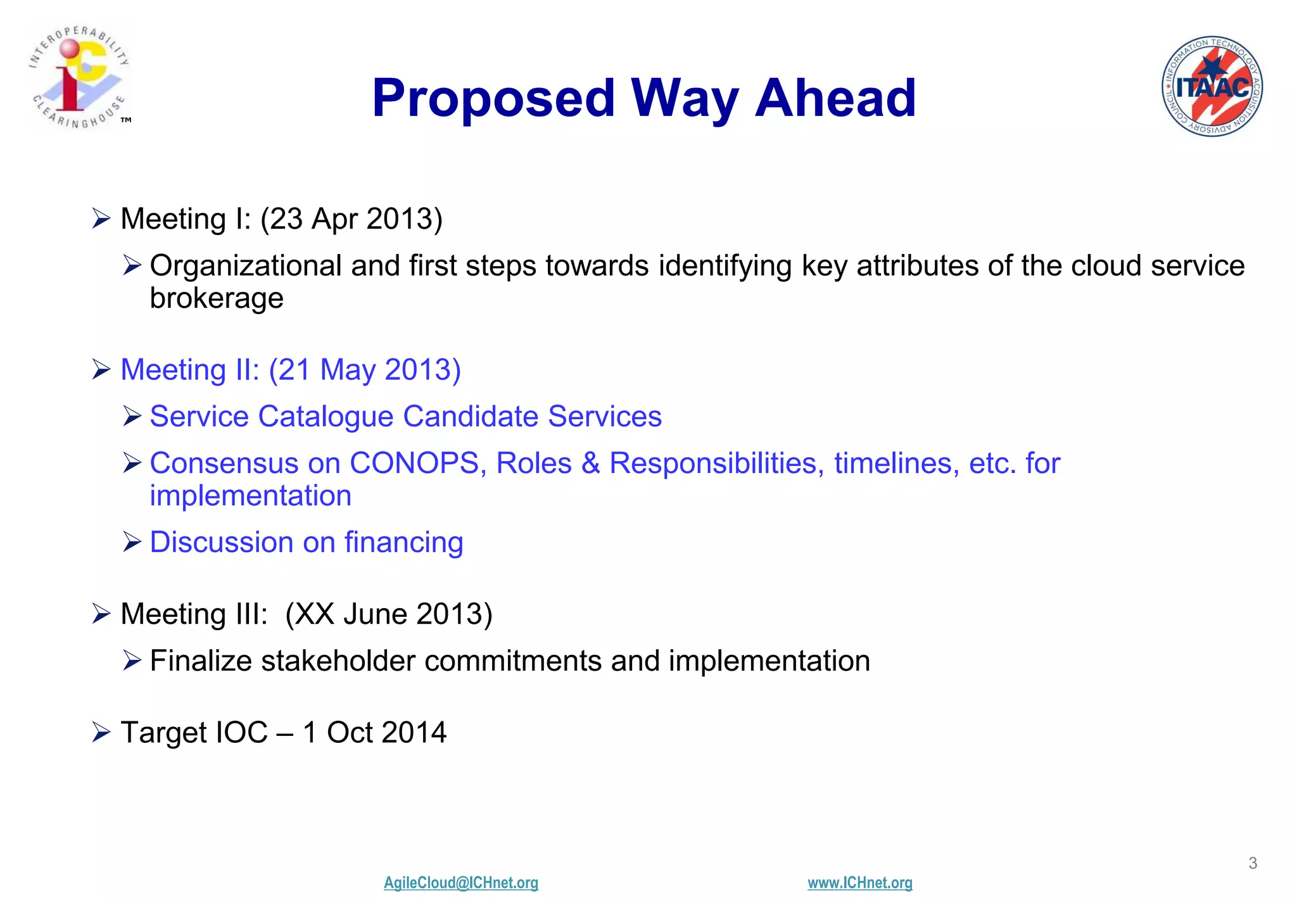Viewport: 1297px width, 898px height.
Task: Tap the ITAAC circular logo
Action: point(1212,86)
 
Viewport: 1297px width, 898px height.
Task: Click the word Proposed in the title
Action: point(493,98)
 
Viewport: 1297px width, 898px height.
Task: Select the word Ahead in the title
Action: point(835,98)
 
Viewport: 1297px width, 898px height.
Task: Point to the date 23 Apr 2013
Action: point(351,219)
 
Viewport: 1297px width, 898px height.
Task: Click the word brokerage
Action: point(217,298)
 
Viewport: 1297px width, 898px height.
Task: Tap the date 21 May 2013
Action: point(365,370)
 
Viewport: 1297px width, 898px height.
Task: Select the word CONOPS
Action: point(414,464)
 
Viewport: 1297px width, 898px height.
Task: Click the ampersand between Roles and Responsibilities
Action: point(591,464)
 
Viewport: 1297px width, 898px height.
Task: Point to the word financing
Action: point(403,543)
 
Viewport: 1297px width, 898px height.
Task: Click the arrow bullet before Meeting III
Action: point(101,614)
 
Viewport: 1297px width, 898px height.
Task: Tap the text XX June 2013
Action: point(388,614)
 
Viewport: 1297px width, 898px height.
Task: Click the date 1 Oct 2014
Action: point(374,733)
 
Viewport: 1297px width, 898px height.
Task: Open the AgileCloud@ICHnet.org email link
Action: point(461,883)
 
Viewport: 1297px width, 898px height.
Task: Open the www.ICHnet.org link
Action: point(859,883)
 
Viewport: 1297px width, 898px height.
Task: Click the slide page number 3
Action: point(1253,863)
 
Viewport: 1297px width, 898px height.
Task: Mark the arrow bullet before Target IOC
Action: point(101,732)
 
